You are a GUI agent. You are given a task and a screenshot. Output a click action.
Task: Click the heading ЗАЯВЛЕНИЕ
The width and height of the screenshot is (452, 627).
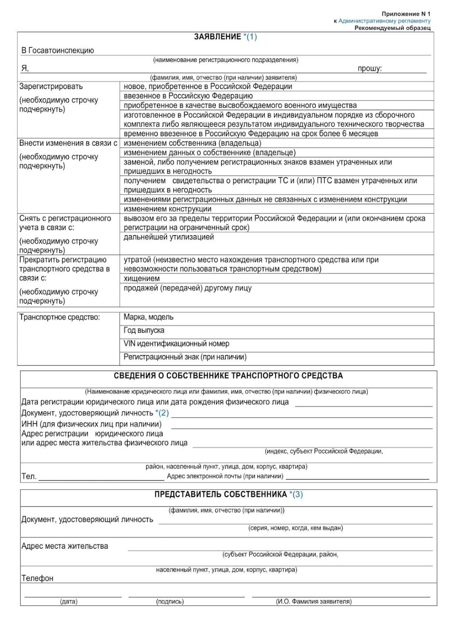[x=217, y=37]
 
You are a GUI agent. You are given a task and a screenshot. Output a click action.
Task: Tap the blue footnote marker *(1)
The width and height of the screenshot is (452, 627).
[x=250, y=37]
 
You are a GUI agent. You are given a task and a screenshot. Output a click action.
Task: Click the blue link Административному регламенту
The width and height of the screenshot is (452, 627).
[x=384, y=21]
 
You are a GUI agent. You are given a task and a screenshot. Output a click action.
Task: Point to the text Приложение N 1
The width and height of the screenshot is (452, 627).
[x=406, y=14]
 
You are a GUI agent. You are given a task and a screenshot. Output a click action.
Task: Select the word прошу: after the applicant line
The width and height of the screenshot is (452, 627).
[x=370, y=69]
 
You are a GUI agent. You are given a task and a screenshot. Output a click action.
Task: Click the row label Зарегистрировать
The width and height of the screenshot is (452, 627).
[x=51, y=87]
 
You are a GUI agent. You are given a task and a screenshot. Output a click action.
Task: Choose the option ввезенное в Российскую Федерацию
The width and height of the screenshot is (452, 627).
[x=188, y=96]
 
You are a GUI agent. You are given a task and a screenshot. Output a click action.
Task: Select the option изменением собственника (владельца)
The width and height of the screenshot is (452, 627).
[x=192, y=143]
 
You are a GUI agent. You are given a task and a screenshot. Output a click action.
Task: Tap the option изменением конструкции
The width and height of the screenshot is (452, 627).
[x=167, y=209]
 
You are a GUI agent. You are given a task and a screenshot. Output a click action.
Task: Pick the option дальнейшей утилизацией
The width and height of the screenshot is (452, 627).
[x=169, y=237]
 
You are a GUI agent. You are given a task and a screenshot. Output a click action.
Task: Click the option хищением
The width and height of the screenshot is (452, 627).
[x=142, y=279]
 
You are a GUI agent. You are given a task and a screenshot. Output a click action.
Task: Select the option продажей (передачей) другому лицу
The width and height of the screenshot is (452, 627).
[x=187, y=288]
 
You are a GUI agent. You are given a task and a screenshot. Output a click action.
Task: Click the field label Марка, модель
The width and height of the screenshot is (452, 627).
[x=149, y=317]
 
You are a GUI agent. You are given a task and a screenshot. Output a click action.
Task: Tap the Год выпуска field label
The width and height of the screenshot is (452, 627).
[x=144, y=331]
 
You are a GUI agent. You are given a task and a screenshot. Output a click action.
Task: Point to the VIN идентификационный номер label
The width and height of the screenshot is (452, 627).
[x=176, y=344]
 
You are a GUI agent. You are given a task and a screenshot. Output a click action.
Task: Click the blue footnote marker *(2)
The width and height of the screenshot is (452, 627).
[x=162, y=413]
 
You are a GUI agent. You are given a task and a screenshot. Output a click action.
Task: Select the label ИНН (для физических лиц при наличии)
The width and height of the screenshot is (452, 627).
[x=91, y=424]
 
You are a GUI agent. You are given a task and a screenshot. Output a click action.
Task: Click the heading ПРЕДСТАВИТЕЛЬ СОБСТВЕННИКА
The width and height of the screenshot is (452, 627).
[x=220, y=495]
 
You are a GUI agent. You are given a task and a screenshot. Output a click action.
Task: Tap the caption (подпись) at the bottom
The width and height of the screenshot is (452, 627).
[x=170, y=601]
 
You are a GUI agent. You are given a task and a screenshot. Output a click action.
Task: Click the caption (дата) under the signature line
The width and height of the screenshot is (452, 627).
[x=69, y=601]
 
